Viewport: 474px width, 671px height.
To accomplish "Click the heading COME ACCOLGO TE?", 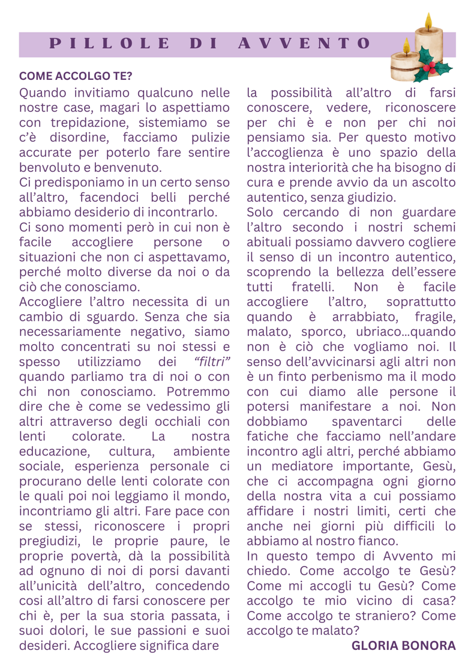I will (x=76, y=77).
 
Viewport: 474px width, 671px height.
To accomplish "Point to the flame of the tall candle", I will (x=428, y=22).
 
